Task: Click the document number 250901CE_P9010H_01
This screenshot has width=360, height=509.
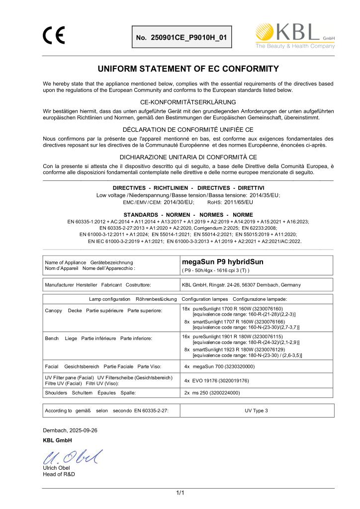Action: pos(181,38)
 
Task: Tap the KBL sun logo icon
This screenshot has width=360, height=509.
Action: pos(265,32)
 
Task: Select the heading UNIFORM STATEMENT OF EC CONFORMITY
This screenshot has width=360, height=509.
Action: pos(188,69)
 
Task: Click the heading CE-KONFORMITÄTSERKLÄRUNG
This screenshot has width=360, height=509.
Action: pos(188,102)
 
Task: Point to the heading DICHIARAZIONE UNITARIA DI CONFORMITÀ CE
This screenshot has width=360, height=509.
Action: pos(188,157)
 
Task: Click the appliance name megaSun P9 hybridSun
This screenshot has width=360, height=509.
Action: pos(223,261)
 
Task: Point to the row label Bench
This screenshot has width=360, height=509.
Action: pos(52,338)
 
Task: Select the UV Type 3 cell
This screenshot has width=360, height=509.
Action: pos(256,411)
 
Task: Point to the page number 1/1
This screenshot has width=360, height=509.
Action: pos(180,493)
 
